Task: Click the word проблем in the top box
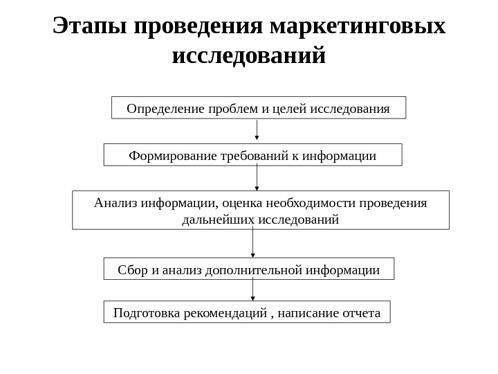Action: pyautogui.click(x=234, y=109)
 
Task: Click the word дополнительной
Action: pyautogui.click(x=255, y=269)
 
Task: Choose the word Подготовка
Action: pyautogui.click(x=145, y=313)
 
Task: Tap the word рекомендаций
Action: pyautogui.click(x=223, y=313)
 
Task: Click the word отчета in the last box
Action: pyautogui.click(x=361, y=313)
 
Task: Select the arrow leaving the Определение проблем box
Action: pyautogui.click(x=257, y=130)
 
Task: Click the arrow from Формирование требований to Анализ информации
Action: pyautogui.click(x=257, y=177)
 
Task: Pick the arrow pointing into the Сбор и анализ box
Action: pyautogui.click(x=252, y=242)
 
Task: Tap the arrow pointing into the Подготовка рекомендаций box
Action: pyautogui.click(x=252, y=290)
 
